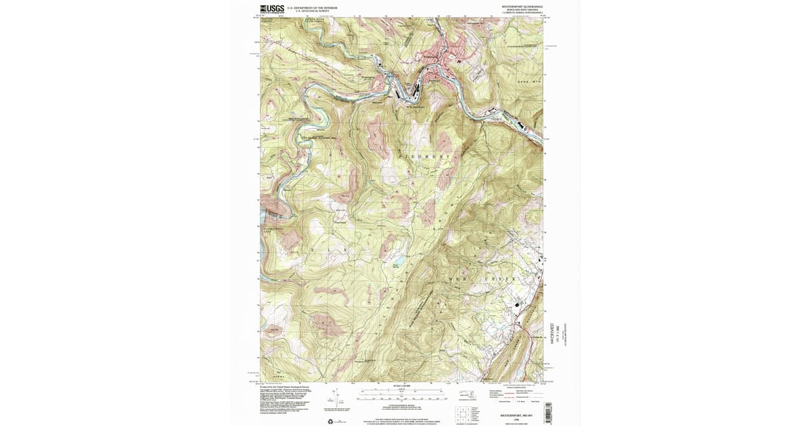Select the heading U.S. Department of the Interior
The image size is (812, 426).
point(312,8)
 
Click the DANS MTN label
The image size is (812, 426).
point(529,81)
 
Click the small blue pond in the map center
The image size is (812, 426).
point(399,260)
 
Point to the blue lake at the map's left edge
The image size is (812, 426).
point(262,220)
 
